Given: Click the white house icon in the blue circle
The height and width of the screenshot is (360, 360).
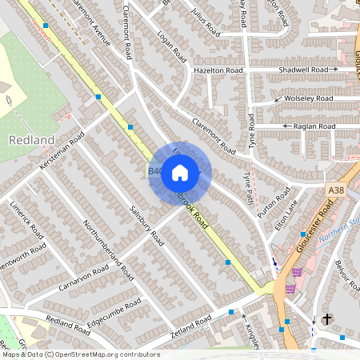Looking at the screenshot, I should click(180, 172).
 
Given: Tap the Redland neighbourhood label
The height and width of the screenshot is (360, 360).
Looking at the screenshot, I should click(31, 140).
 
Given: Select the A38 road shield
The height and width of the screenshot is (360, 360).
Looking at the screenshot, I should click(336, 188).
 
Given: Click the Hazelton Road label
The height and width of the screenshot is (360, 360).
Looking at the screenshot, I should click(218, 70).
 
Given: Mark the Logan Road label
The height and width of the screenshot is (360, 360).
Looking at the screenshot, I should click(172, 47).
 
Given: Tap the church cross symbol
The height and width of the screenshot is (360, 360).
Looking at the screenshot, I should click(326, 319).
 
